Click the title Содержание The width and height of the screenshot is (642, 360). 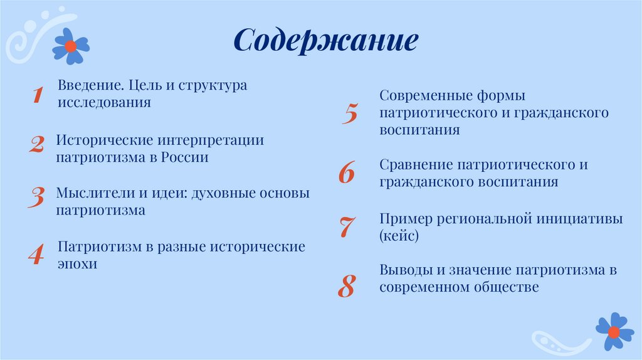[x=325, y=41]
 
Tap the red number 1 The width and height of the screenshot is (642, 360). [x=37, y=95]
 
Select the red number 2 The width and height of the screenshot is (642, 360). [x=36, y=146]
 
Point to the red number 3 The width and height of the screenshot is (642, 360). [x=36, y=197]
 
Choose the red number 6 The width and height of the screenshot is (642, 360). [x=346, y=173]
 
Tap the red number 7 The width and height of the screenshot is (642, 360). [x=347, y=227]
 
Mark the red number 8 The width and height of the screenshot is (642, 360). [x=346, y=285]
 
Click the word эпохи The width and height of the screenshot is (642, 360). [x=78, y=264]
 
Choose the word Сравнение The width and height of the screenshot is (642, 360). [x=416, y=165]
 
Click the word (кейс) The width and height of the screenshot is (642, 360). [x=398, y=236]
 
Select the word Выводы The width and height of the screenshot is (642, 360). [x=405, y=270]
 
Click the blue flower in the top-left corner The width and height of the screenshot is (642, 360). [x=71, y=46]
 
